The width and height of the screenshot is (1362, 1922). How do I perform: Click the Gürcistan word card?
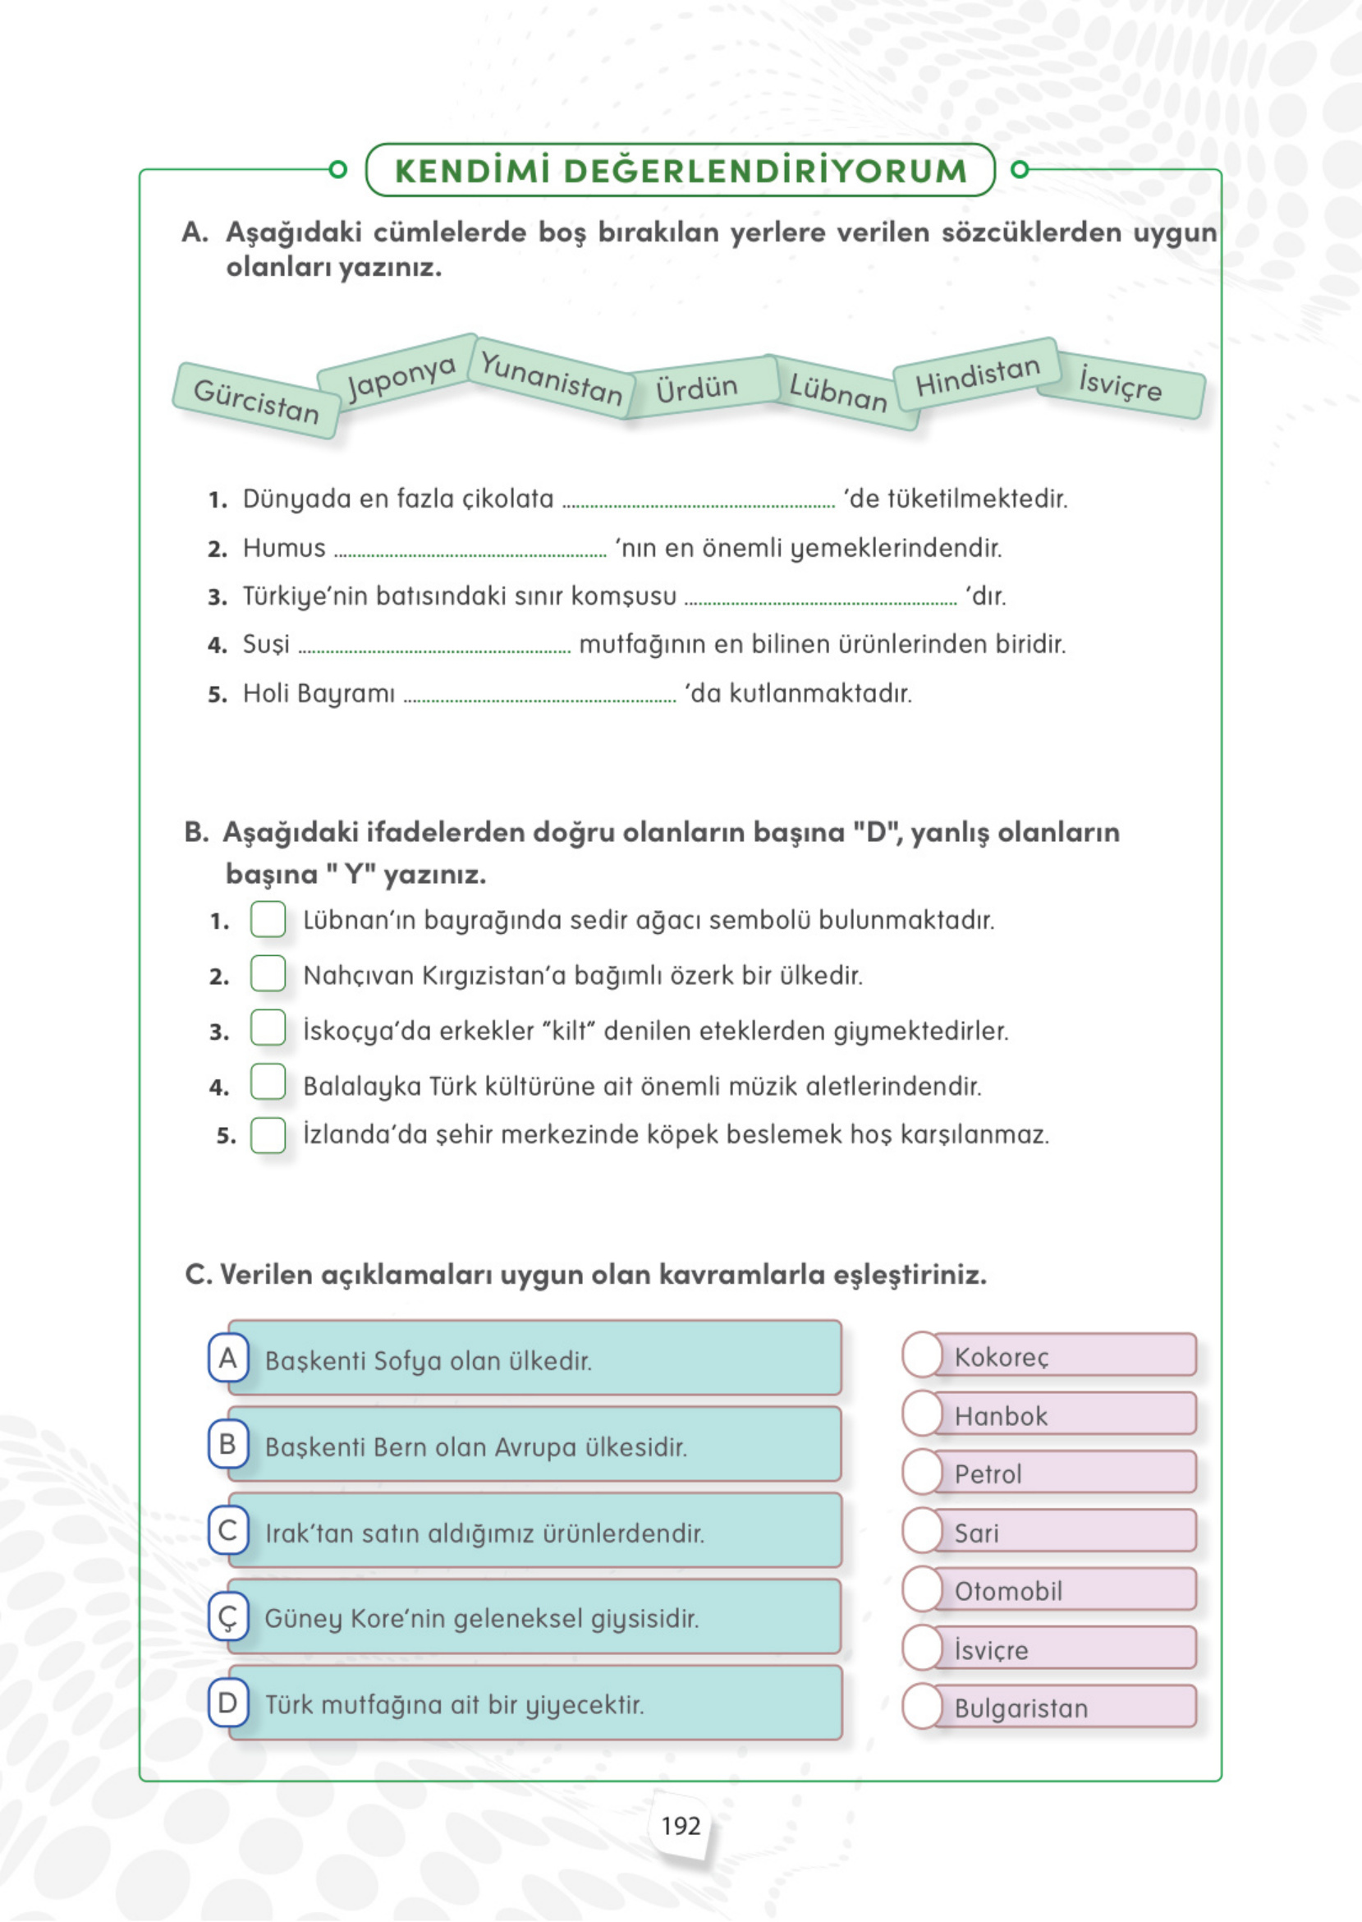pos(256,400)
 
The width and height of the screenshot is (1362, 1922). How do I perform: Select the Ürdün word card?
pos(696,388)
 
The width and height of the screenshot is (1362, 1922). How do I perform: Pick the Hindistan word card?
pos(977,376)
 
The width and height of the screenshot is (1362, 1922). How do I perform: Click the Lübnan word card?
pos(838,392)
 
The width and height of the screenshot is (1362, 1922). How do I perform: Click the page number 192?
pos(680,1827)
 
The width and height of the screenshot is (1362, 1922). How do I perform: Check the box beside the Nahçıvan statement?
pos(268,973)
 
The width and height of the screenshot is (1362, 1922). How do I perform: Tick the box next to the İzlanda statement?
pos(268,1135)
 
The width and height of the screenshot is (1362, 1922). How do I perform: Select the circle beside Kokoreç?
pos(923,1355)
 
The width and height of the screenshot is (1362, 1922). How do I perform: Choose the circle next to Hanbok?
pos(923,1414)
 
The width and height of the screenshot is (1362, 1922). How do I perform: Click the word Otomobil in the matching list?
pos(1008,1591)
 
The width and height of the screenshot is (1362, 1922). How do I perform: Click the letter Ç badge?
pos(228,1616)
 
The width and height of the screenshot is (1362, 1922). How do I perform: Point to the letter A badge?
pos(228,1359)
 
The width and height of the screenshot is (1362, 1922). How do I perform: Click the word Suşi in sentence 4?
pos(266,644)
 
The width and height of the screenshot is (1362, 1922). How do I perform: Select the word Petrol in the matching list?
pos(988,1474)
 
